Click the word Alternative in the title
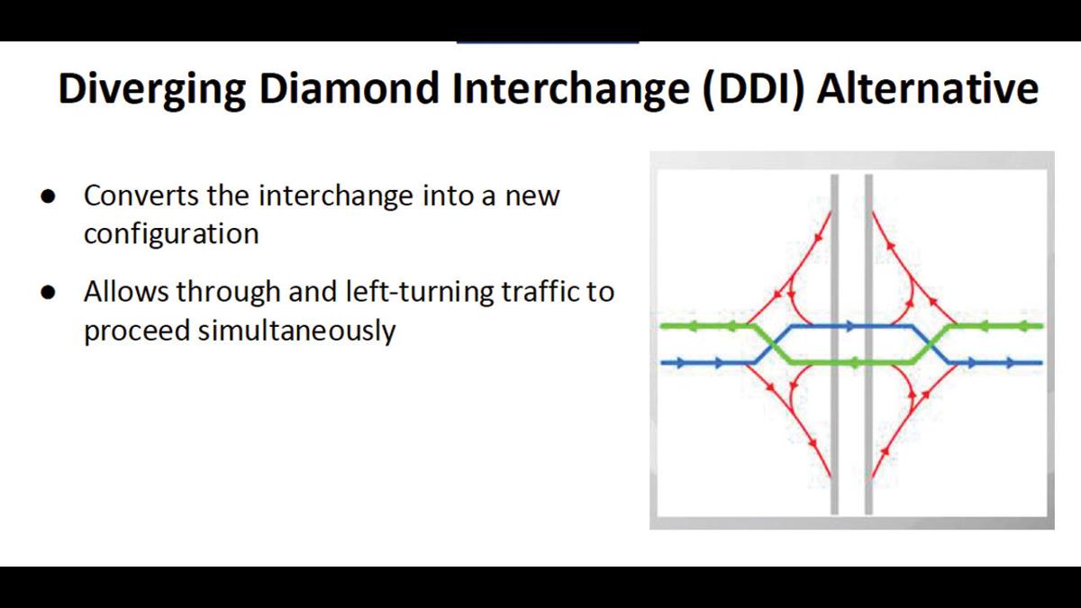click(x=927, y=90)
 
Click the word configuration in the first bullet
click(x=171, y=234)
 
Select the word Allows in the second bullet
click(x=125, y=292)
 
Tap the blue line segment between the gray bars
click(x=851, y=325)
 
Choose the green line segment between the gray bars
click(x=851, y=362)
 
